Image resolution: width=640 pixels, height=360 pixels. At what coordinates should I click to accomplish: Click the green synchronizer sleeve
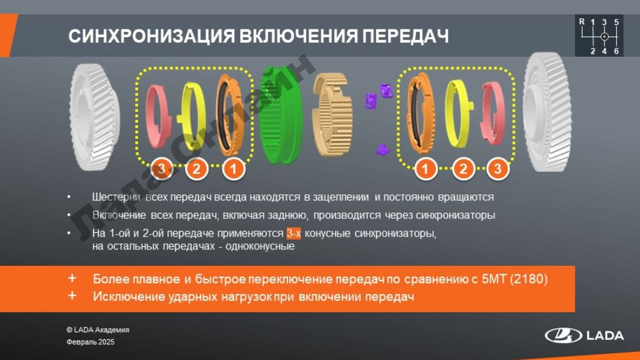[x=281, y=116]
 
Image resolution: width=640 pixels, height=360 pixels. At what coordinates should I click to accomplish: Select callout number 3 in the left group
[x=161, y=169]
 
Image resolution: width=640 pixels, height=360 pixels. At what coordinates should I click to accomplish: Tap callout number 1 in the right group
[x=425, y=169]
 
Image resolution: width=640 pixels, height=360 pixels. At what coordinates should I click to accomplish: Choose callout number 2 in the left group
[x=196, y=169]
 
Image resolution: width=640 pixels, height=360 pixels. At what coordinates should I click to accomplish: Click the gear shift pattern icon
[x=599, y=36]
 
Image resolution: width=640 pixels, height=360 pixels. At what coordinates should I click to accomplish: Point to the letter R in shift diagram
[x=582, y=21]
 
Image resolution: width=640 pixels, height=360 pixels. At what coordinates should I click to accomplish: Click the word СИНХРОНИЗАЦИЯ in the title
[x=152, y=36]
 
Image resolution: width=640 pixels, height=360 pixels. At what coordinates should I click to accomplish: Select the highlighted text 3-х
[x=293, y=233]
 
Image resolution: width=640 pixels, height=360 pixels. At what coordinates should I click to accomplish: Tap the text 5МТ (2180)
[x=514, y=279]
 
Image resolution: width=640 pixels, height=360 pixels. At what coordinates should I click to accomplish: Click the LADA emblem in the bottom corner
[x=563, y=336]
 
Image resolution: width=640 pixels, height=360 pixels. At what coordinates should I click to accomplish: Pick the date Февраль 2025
[x=90, y=342]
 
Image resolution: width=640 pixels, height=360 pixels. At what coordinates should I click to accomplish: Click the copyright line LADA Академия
[x=98, y=330]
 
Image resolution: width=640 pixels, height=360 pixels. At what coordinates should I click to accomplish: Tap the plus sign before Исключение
[x=72, y=295]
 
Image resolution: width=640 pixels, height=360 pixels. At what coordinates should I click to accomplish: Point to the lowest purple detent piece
[x=382, y=150]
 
